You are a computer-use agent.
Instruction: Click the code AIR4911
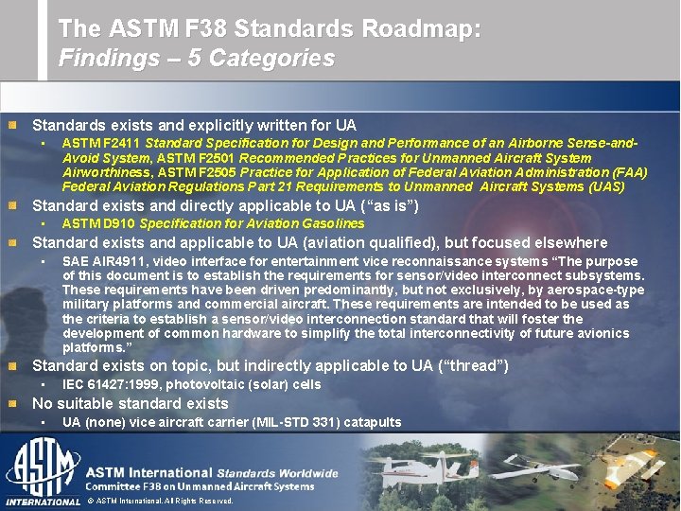[x=113, y=261]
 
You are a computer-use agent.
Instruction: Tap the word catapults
[x=373, y=422]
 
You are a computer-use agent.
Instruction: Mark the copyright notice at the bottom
[x=160, y=500]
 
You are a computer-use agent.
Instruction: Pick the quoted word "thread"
[x=478, y=365]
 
